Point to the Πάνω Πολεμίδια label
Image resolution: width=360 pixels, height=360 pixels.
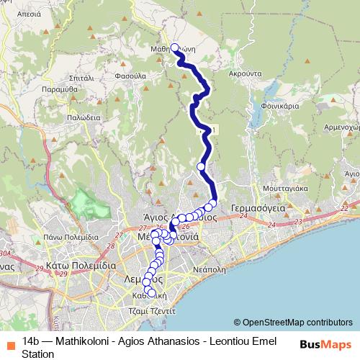coord(70,236)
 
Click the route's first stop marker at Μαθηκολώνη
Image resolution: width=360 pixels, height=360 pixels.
coord(174,49)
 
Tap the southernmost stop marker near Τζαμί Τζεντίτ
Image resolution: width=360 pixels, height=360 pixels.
coord(151,292)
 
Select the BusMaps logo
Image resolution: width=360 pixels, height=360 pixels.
coord(325,344)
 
